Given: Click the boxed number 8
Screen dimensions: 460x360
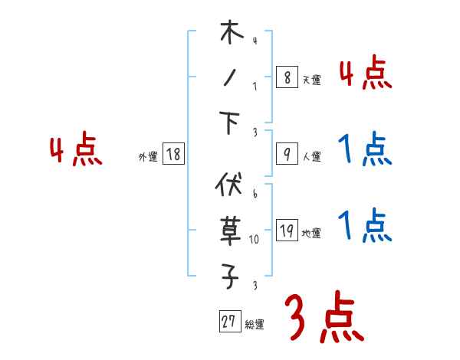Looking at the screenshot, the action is [286, 77].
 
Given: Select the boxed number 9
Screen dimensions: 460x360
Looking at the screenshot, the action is [286, 155].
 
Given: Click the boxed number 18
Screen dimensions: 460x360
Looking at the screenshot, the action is [173, 155].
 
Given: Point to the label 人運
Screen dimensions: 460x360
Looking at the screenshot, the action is [311, 157].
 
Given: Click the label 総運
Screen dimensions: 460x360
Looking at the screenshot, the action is [255, 325].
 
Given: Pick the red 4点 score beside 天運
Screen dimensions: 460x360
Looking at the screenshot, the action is [366, 74].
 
